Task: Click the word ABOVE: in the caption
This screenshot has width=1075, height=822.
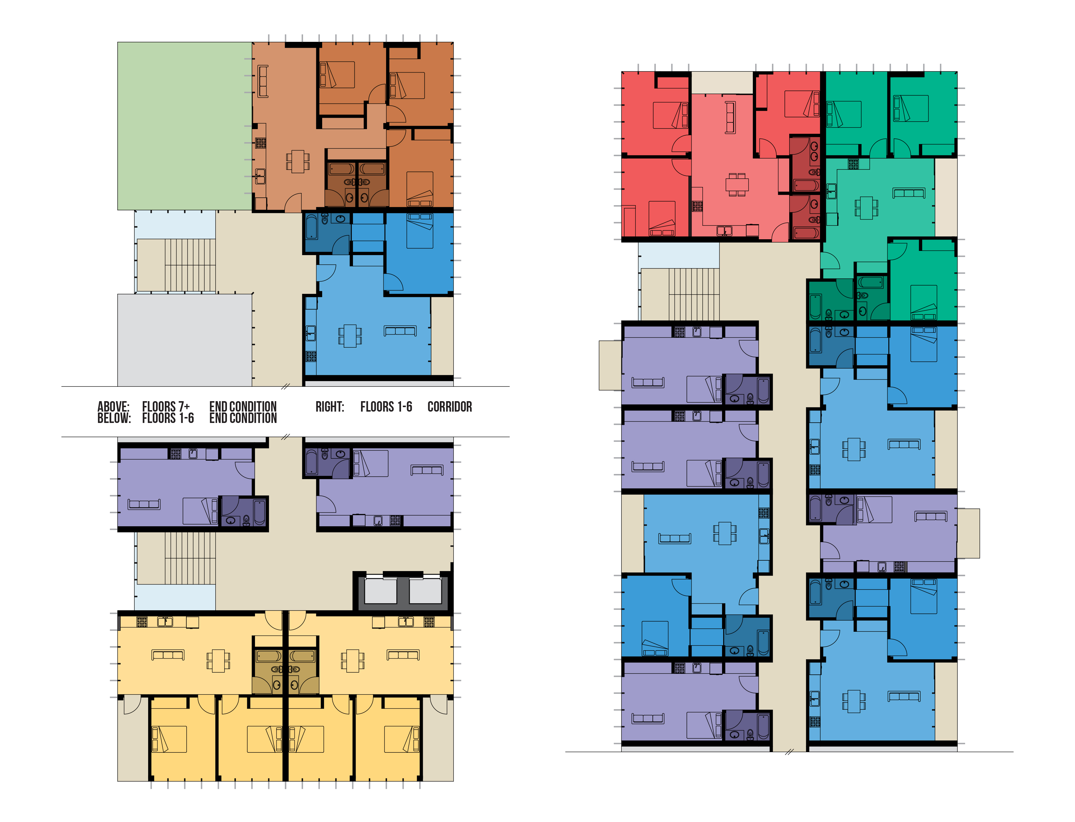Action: pyautogui.click(x=113, y=407)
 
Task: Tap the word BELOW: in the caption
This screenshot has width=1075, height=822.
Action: pyautogui.click(x=114, y=418)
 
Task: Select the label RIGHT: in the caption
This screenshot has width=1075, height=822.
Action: pyautogui.click(x=330, y=407)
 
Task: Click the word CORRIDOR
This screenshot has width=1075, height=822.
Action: pyautogui.click(x=449, y=407)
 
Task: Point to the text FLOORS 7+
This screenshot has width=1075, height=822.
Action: pyautogui.click(x=166, y=407)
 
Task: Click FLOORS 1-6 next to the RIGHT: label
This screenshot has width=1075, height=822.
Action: pyautogui.click(x=386, y=407)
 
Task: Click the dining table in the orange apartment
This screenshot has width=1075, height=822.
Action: pyautogui.click(x=297, y=162)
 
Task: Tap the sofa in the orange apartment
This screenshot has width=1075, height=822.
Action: pyautogui.click(x=263, y=81)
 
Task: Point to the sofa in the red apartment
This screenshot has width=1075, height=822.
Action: pyautogui.click(x=730, y=117)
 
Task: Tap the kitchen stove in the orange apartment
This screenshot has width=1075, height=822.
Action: pyautogui.click(x=261, y=143)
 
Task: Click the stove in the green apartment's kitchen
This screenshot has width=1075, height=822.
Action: pyautogui.click(x=853, y=164)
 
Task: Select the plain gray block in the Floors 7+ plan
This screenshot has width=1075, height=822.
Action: pyautogui.click(x=185, y=340)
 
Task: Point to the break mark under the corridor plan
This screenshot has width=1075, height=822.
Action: pyautogui.click(x=789, y=752)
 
